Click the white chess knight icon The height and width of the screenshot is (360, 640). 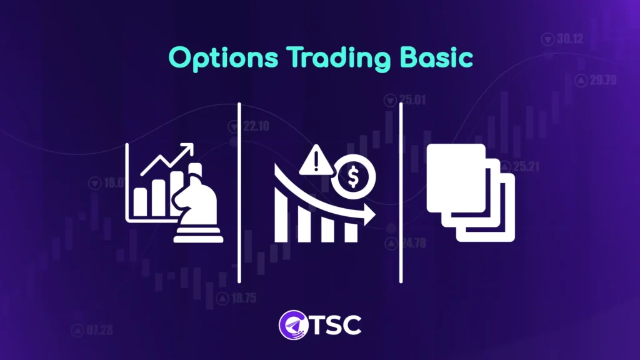[198, 206]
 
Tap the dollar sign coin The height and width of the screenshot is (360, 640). [353, 177]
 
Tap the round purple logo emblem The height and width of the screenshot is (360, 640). [291, 325]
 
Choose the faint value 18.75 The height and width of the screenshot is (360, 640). [241, 298]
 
